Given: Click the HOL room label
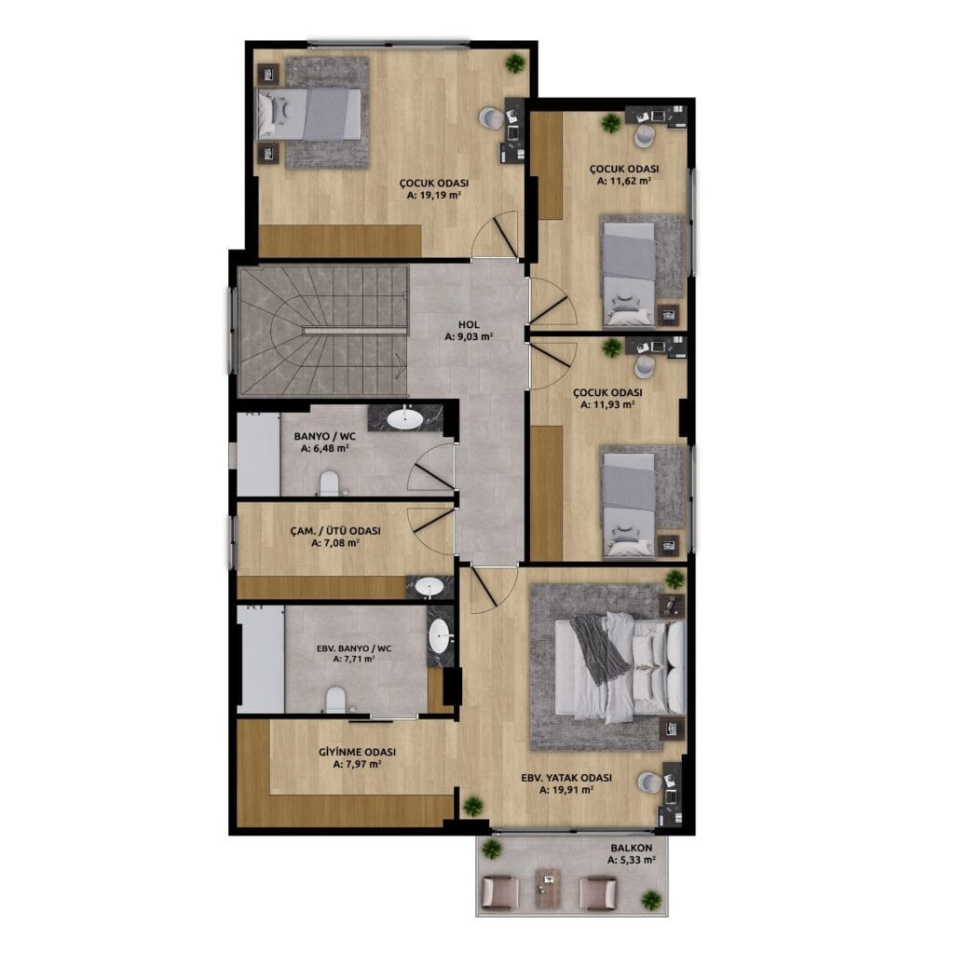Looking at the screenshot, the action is coord(470,325).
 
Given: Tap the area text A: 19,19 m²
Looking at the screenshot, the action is coord(434,196).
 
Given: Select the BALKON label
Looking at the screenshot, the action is coord(632,848).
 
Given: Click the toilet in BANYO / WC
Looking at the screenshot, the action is coord(329,484).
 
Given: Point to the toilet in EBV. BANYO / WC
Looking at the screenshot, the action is coord(335,700).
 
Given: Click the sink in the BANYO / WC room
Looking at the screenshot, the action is coord(404,418).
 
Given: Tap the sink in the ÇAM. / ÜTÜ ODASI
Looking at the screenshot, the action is coord(429,587).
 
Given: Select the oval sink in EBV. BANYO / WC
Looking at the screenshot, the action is coord(440,636).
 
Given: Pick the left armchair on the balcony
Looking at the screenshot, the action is coord(500,892).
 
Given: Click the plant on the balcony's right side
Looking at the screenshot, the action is coord(651,900).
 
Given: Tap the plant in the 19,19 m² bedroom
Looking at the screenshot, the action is coord(514,63).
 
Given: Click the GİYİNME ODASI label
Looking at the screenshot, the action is coord(357,752).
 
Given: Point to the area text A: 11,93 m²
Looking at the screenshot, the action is coord(607,404).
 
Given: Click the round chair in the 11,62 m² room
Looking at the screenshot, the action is coord(644,134).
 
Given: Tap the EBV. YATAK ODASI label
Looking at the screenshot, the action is coord(566,778).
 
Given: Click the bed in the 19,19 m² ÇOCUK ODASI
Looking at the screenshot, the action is coord(309,114).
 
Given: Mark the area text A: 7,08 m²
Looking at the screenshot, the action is coord(335,543).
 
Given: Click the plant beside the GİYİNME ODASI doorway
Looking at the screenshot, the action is coord(472,807).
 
